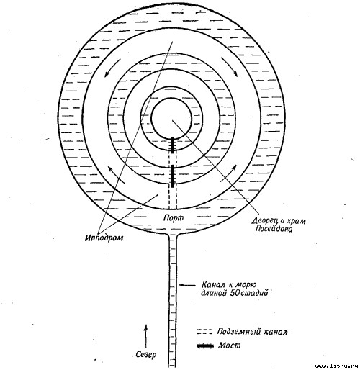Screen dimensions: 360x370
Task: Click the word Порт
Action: pos(174,217)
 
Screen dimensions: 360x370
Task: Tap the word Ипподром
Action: pos(104,238)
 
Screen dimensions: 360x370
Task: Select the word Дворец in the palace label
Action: pos(264,220)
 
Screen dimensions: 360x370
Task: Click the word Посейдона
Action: pos(274,229)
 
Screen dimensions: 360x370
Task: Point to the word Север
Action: pos(146,354)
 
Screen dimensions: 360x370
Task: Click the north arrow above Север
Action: pos(145,336)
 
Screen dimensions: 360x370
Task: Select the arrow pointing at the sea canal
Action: pos(187,285)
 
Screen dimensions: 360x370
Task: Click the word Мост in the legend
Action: pos(229,346)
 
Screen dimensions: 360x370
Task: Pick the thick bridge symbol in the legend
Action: pos(205,346)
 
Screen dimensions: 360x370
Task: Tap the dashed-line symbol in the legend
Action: pos(204,332)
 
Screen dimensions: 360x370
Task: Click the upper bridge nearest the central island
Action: pos(172,145)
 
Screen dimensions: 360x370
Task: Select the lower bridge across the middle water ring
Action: pos(173,176)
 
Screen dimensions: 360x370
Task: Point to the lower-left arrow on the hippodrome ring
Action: pos(116,175)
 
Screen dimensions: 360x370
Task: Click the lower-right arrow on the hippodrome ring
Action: pos(229,173)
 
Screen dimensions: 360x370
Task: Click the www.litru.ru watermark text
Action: pos(337,366)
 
